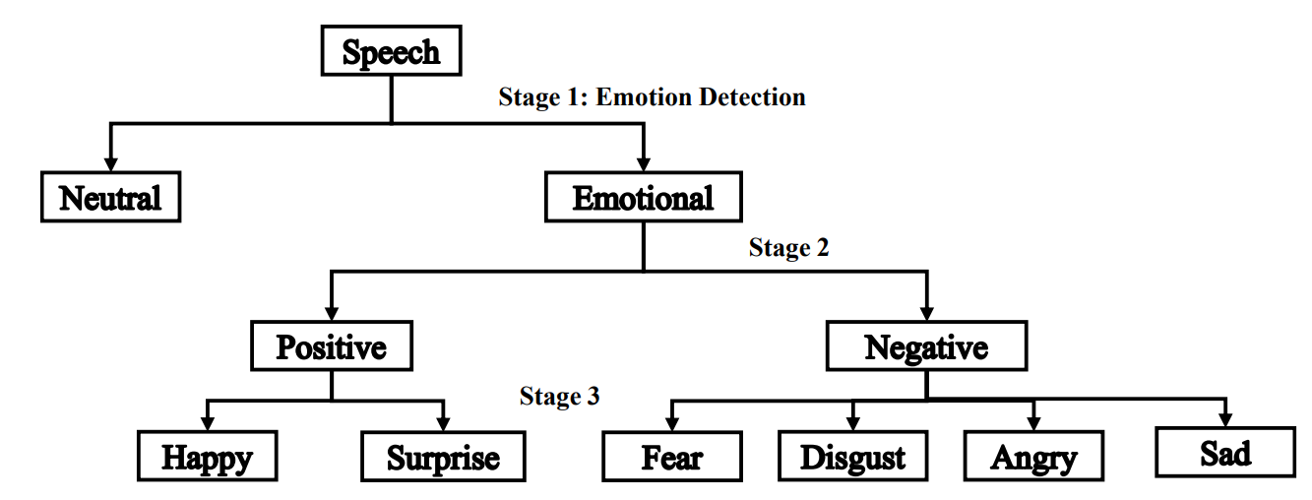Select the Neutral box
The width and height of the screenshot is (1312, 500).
[x=110, y=198]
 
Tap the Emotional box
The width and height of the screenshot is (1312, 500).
[x=643, y=198]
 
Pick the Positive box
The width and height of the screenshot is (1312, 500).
[x=331, y=347]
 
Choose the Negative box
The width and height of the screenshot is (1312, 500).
[x=926, y=347]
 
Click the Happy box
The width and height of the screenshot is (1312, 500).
[x=207, y=458]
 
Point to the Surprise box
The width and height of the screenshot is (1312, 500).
[x=443, y=458]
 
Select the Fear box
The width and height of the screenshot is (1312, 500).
[x=672, y=458]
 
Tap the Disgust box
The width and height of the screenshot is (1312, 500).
[x=852, y=458]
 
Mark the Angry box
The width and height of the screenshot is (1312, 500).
[x=1033, y=458]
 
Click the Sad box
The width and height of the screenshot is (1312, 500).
[x=1225, y=453]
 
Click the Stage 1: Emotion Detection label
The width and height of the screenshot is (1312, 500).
[x=652, y=97]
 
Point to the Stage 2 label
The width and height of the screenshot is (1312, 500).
[x=788, y=248]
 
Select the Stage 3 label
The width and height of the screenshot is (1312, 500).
[x=559, y=397]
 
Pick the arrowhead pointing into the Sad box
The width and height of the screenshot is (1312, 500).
[x=1225, y=417]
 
